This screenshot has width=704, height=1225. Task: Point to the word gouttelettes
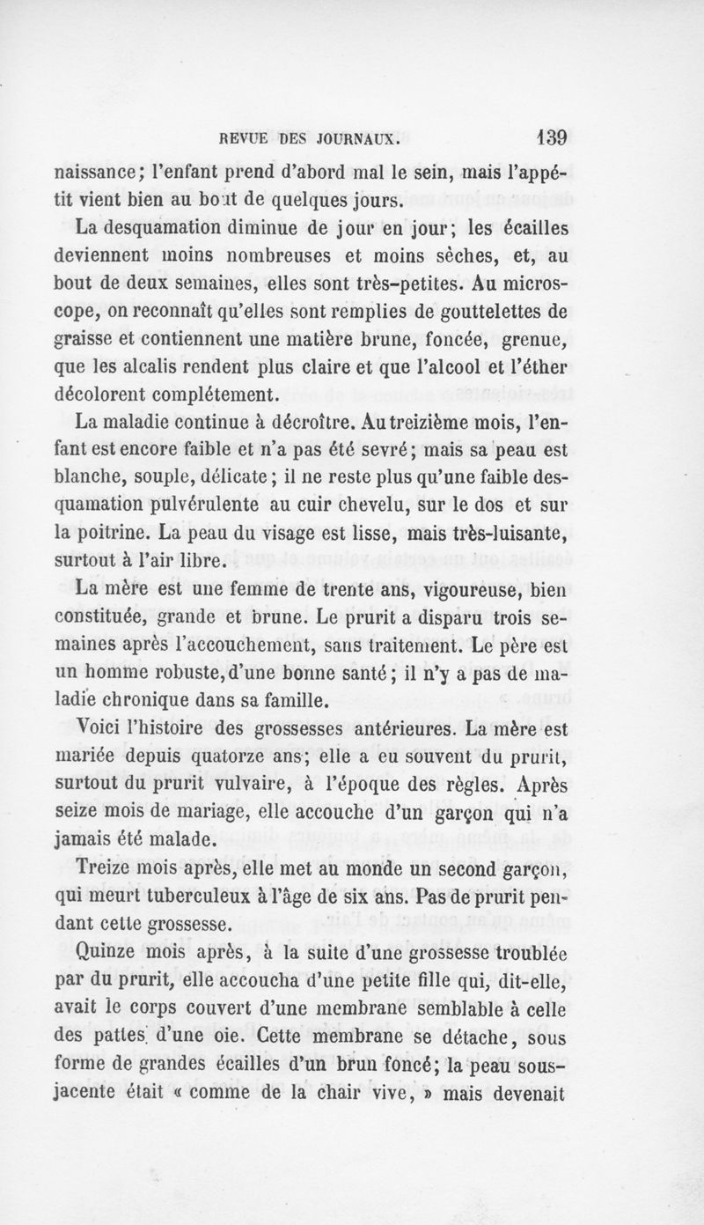pyautogui.click(x=475, y=312)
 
